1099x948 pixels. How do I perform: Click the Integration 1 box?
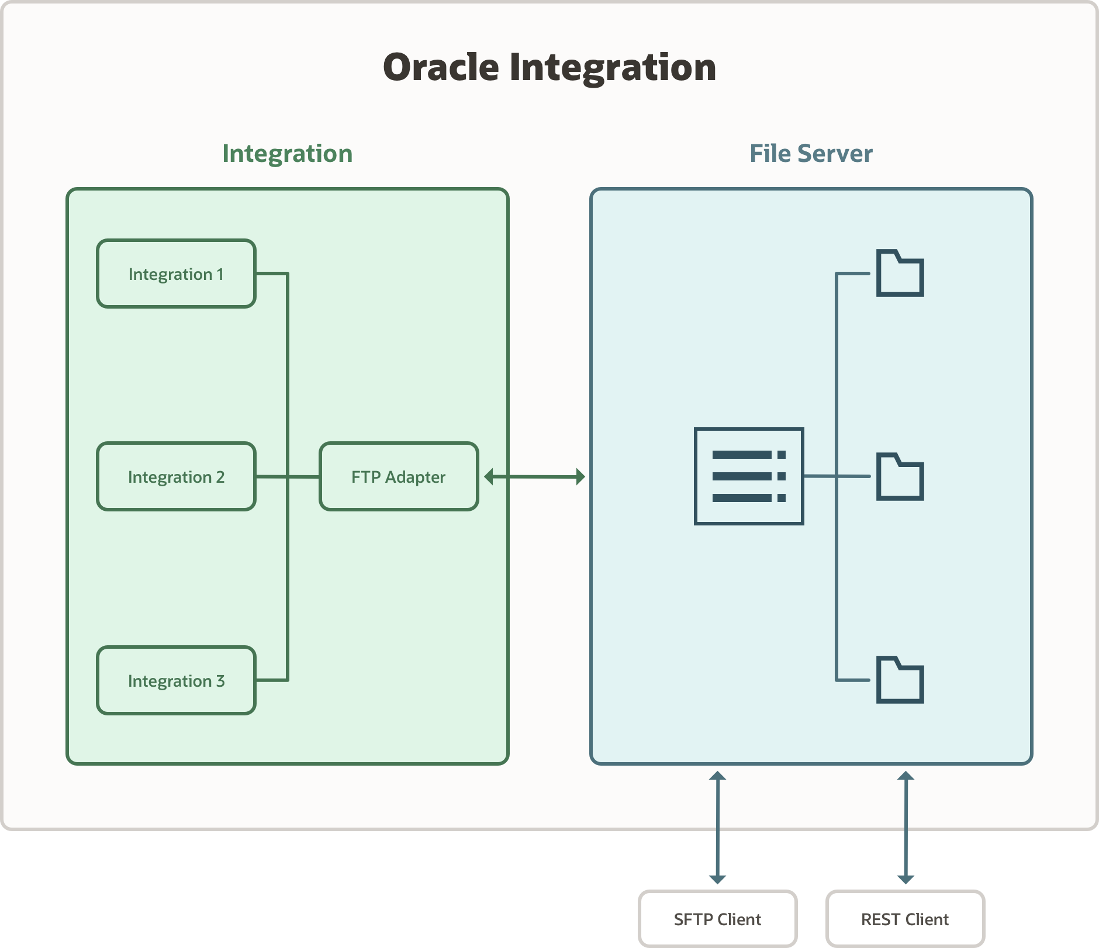tap(176, 274)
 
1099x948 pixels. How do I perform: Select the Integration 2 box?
tap(176, 476)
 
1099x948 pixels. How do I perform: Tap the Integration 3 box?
tap(176, 680)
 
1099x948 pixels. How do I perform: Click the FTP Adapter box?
tap(399, 476)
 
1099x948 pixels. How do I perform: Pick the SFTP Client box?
tap(717, 919)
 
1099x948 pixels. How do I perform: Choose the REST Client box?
tap(905, 919)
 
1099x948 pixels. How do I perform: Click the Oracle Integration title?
tap(549, 67)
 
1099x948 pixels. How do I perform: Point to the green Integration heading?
tap(287, 154)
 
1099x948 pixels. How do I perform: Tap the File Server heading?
tap(811, 154)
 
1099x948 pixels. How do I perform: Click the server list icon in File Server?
tap(748, 476)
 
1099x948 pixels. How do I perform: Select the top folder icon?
tap(900, 274)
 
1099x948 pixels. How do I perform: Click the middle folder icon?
tap(900, 477)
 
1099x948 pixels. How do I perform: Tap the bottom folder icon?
tap(900, 680)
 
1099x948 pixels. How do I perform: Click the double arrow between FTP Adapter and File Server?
tap(534, 476)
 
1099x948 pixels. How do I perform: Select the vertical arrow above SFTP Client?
tap(717, 827)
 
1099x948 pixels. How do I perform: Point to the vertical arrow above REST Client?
tap(906, 827)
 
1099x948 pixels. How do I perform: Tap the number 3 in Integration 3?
tap(220, 681)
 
